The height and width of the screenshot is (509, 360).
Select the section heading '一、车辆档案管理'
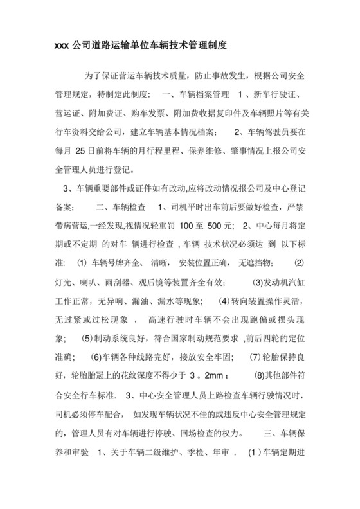[x=193, y=94]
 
